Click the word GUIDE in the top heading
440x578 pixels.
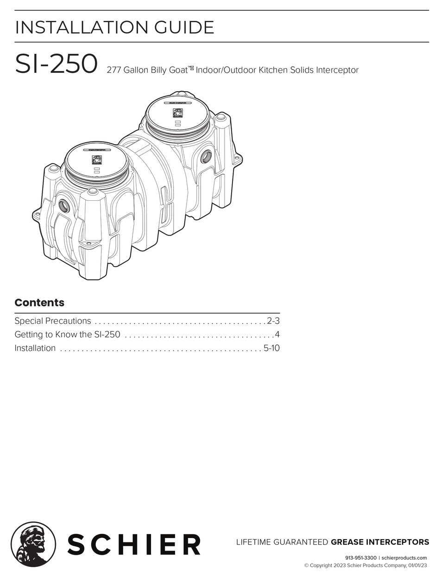pyautogui.click(x=184, y=27)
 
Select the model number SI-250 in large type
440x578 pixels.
pyautogui.click(x=56, y=64)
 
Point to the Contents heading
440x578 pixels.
pyautogui.click(x=39, y=303)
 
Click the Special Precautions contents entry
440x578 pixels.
pyautogui.click(x=53, y=321)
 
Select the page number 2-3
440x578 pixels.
pyautogui.click(x=274, y=321)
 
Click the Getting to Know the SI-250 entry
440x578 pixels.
pyautogui.click(x=67, y=334)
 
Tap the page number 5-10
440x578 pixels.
pyautogui.click(x=272, y=348)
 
